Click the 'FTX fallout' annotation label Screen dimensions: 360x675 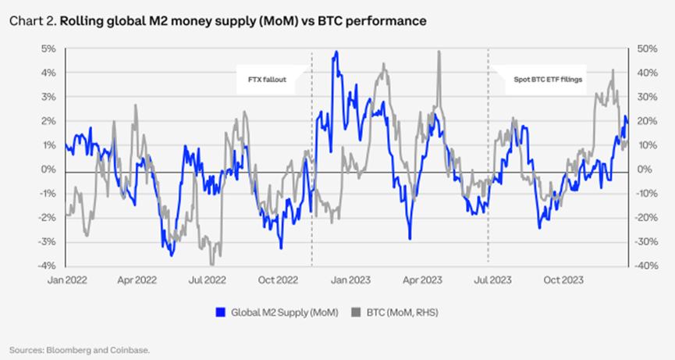coord(265,80)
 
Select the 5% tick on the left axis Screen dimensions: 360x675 coord(48,48)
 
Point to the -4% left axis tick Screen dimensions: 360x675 coord(47,266)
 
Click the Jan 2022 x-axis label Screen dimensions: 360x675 coord(66,277)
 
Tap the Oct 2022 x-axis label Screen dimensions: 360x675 coord(278,277)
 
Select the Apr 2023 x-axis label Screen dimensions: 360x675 coord(420,277)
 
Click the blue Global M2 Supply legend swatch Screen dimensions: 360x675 coord(220,312)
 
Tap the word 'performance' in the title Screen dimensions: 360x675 coord(388,21)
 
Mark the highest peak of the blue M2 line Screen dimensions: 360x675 coord(336,52)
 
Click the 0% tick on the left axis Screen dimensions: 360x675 coord(48,169)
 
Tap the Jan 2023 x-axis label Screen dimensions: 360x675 coord(349,277)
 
